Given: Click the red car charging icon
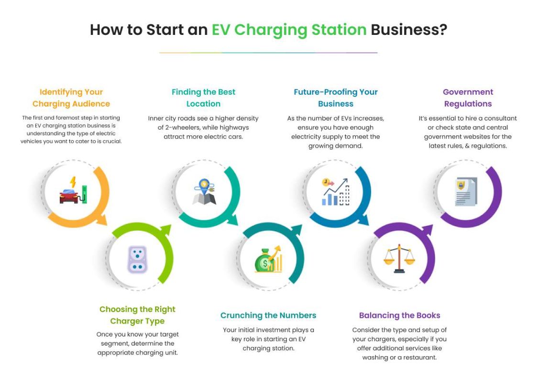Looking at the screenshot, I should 73,191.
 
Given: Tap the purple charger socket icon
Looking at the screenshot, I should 137,260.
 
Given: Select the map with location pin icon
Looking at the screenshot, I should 204,192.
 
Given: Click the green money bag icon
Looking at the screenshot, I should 267,260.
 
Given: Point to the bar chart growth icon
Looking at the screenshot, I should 335,192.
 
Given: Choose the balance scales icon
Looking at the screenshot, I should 399,259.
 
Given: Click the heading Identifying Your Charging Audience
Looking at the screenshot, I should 71,98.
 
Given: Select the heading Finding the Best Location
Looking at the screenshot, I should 204,98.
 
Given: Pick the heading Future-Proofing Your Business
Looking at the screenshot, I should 335,98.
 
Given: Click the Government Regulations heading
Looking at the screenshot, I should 468,98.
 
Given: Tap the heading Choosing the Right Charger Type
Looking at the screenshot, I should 137,315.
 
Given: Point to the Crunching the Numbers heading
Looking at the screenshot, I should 268,315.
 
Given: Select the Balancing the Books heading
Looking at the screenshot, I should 399,315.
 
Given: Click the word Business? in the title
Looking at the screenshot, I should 409,30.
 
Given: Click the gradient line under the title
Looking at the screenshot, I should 268,53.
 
